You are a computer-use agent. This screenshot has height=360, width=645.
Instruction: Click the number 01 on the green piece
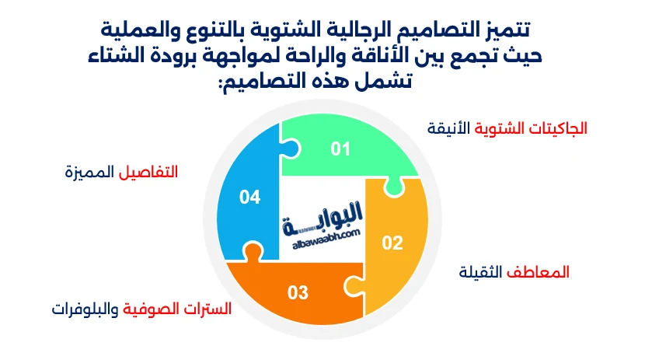click(340, 149)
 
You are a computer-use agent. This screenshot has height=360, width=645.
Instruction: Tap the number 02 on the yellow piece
click(392, 243)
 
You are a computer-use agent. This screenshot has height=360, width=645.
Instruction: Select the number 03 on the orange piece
click(298, 292)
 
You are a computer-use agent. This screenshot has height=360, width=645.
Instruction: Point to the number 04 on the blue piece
click(249, 197)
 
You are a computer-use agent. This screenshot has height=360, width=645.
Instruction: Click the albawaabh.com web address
click(326, 240)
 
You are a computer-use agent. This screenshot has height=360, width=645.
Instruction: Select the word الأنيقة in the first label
click(448, 128)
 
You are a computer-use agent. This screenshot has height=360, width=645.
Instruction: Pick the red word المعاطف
click(538, 272)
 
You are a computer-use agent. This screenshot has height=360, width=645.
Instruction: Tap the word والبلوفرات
click(85, 309)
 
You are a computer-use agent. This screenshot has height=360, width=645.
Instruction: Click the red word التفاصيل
click(148, 172)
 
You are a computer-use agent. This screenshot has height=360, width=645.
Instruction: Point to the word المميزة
click(89, 172)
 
